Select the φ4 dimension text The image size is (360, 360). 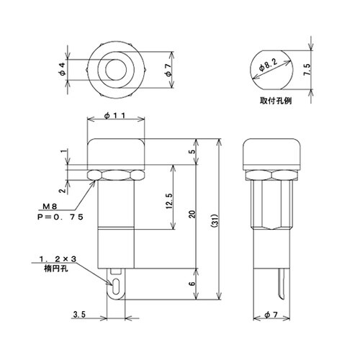point(63,70)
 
